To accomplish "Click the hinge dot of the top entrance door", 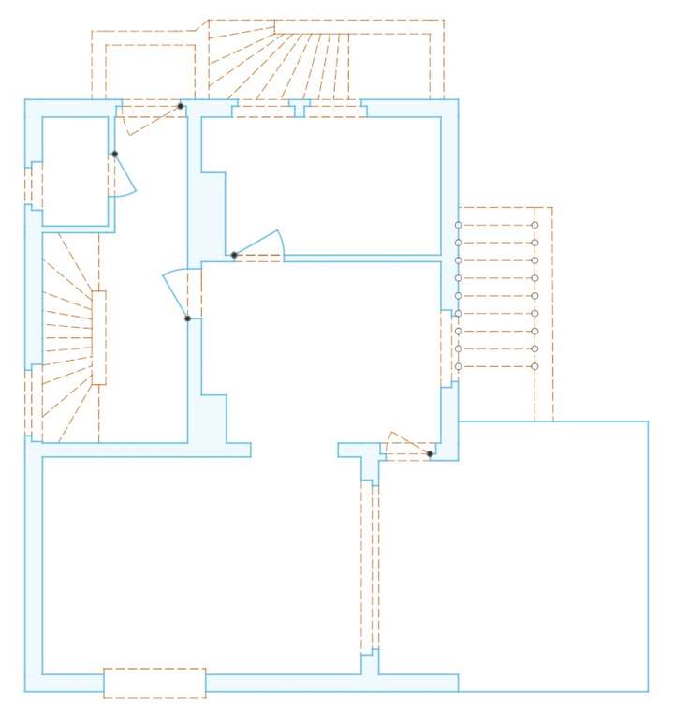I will (181, 106).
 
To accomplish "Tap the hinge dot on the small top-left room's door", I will (114, 154).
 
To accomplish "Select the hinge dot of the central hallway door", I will (187, 318).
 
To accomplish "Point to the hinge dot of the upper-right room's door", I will (233, 255).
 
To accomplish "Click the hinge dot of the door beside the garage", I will (430, 454).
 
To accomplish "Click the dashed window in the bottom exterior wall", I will (154, 683).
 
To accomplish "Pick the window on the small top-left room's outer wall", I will (34, 185).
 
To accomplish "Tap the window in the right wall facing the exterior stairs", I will (447, 347).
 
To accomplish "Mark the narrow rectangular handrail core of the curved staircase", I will (98, 337).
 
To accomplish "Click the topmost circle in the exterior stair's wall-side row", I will (458, 225).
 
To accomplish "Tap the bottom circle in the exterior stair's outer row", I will (535, 366).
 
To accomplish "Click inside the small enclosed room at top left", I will (75, 170).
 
